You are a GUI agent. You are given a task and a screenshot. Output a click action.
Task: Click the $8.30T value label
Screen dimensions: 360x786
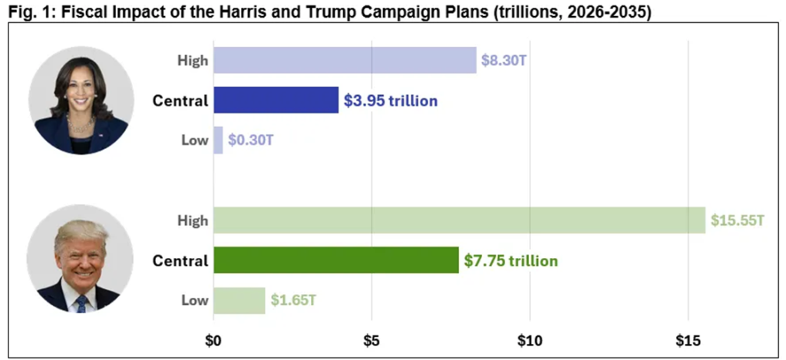click(x=503, y=60)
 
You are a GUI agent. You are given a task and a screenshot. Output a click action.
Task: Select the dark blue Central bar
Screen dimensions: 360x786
click(x=276, y=100)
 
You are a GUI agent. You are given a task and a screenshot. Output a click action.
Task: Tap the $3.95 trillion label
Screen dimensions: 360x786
click(x=390, y=101)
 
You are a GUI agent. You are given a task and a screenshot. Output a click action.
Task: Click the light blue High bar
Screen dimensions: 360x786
click(x=345, y=60)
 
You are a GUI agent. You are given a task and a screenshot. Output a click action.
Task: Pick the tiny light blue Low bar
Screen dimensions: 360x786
click(x=218, y=140)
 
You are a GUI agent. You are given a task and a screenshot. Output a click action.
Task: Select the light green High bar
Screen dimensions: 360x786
click(x=459, y=220)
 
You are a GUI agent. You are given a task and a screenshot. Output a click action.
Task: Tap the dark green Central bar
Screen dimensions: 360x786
click(x=335, y=260)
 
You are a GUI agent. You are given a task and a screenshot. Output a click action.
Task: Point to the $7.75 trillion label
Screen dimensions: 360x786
click(x=510, y=261)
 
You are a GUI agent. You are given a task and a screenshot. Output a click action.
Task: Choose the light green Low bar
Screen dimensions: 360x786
click(x=239, y=300)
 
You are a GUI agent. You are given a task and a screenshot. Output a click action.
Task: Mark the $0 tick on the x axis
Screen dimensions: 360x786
click(x=213, y=339)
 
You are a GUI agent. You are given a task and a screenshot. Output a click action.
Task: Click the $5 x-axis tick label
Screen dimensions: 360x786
click(x=372, y=339)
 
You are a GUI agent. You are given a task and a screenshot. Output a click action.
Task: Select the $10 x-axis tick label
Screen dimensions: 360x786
click(x=530, y=339)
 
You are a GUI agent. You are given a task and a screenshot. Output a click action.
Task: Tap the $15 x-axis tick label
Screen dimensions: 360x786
click(x=688, y=339)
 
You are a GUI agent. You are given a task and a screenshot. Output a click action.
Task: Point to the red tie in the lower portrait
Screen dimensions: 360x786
click(x=81, y=304)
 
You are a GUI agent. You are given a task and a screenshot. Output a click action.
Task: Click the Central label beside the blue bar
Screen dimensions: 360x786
click(x=180, y=101)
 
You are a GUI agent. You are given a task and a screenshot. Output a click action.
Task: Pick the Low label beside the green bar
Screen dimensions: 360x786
click(x=194, y=300)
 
